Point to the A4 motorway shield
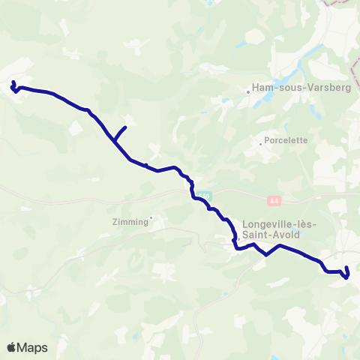[x=274, y=200]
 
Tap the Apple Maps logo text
[x=27, y=347]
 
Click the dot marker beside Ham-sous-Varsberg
[x=249, y=93]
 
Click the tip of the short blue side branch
[x=125, y=127]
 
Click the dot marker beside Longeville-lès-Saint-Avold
[x=238, y=240]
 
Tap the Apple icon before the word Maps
[x=12, y=347]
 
